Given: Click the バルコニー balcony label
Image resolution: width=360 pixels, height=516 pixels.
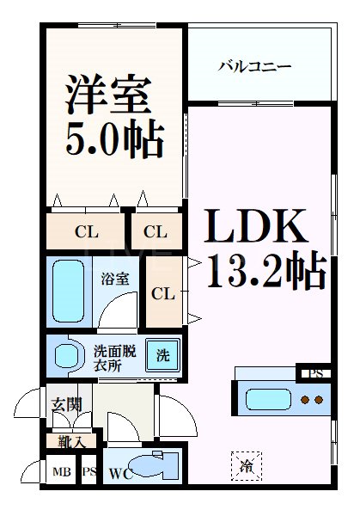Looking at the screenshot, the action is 255,67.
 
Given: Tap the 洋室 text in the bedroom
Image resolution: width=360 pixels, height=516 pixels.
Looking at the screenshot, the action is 108,94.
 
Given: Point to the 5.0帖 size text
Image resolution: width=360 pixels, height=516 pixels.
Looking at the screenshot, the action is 115,138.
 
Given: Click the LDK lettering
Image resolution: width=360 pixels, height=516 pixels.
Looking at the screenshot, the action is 256,225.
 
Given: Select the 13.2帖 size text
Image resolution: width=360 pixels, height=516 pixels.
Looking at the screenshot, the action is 266,270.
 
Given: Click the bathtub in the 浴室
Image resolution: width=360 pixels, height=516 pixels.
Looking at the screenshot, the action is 69,291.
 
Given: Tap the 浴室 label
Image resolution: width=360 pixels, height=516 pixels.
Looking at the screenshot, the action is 115,279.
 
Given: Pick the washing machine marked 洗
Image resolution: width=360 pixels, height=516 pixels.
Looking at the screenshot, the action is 162,355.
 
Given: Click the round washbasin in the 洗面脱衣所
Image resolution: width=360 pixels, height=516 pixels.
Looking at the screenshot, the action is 67,356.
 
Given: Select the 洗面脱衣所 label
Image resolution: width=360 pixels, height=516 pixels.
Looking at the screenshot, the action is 115,358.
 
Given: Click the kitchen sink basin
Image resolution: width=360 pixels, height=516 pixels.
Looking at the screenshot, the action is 269,400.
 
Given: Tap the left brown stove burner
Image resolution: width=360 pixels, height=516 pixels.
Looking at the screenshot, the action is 306,400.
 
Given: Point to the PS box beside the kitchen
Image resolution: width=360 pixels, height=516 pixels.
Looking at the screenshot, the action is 315,374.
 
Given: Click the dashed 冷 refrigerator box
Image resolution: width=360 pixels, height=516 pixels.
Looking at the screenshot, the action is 247,466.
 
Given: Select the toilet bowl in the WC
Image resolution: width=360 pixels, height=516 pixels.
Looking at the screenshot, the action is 156,467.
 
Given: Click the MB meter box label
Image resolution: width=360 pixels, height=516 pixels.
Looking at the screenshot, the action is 62,472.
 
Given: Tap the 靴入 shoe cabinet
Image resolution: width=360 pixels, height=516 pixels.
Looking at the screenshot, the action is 71,441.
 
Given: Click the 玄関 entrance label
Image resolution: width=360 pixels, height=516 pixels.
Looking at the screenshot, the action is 67,404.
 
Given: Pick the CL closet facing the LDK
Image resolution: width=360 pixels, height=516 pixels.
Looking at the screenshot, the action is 164,292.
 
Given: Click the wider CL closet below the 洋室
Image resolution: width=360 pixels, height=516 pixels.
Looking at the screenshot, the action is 85,231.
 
